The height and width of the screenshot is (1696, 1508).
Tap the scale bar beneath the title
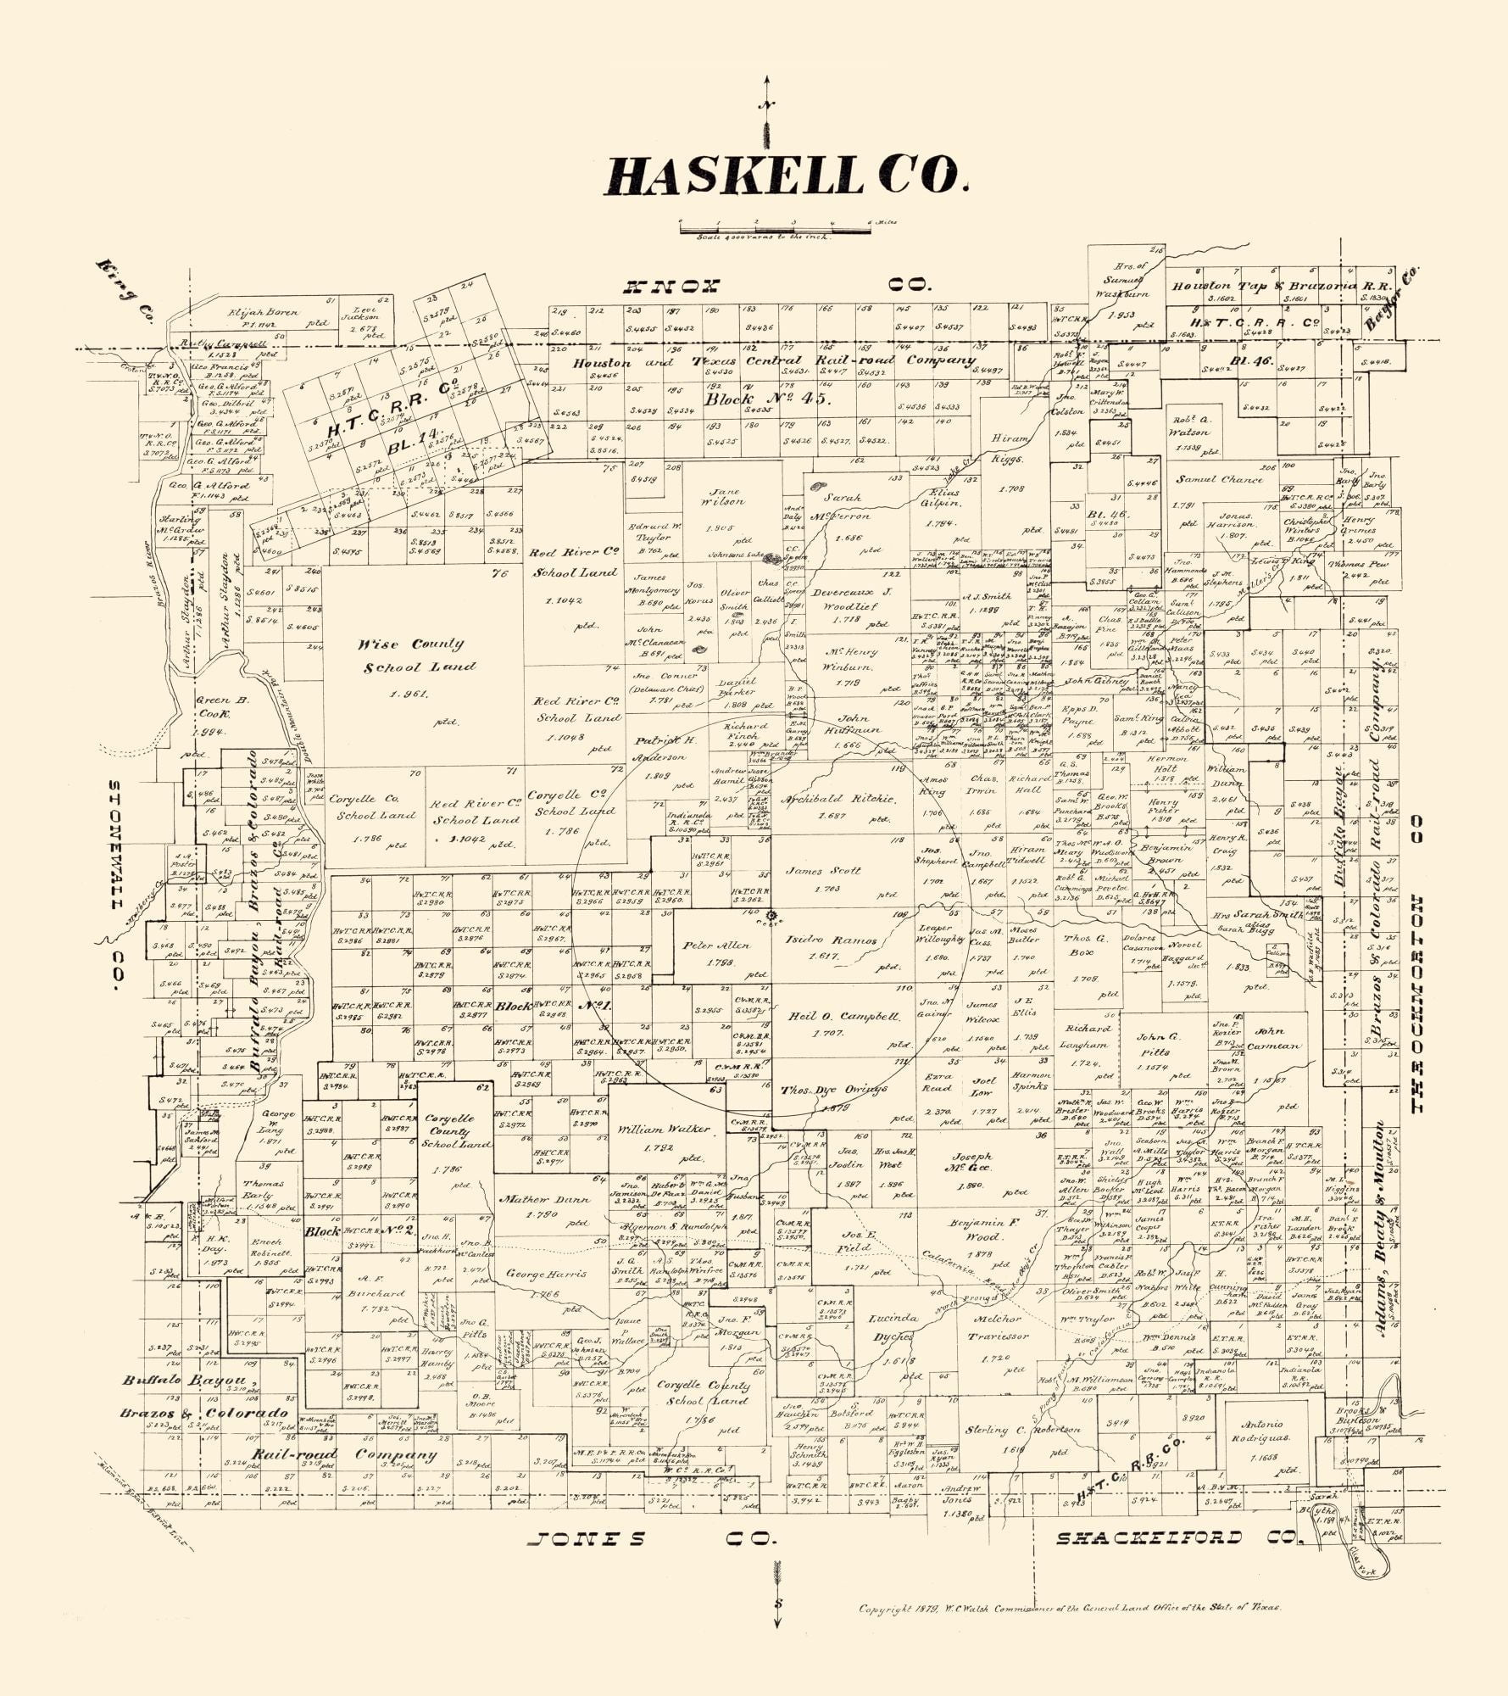point(776,227)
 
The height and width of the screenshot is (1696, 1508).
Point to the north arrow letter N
point(766,105)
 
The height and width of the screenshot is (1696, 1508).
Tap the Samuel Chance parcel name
point(1218,479)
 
